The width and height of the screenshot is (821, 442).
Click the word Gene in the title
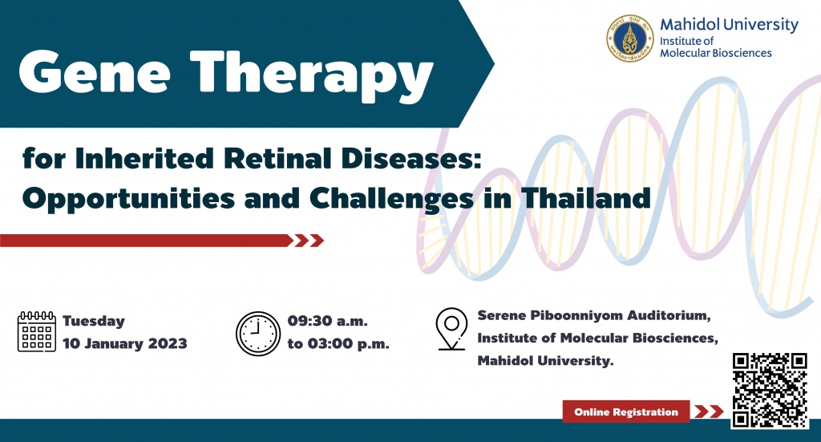tap(95, 71)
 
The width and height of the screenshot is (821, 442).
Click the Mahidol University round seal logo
tap(630, 39)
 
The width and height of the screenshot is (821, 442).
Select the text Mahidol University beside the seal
tap(729, 25)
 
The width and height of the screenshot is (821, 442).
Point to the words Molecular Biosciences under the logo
tap(715, 53)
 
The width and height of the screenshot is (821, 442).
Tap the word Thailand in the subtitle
tap(586, 198)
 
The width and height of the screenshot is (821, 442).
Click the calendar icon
tap(37, 331)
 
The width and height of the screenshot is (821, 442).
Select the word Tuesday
tap(94, 321)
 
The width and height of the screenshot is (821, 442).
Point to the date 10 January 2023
tap(124, 343)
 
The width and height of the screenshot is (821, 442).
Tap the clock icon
tap(258, 334)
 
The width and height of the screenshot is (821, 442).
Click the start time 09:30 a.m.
tap(327, 321)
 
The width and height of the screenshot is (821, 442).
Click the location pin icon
tap(451, 329)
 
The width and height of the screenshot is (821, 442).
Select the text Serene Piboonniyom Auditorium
tap(593, 315)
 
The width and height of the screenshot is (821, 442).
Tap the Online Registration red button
tap(626, 412)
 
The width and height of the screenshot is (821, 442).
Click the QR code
tap(770, 390)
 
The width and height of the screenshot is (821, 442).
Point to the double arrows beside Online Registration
tap(709, 412)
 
